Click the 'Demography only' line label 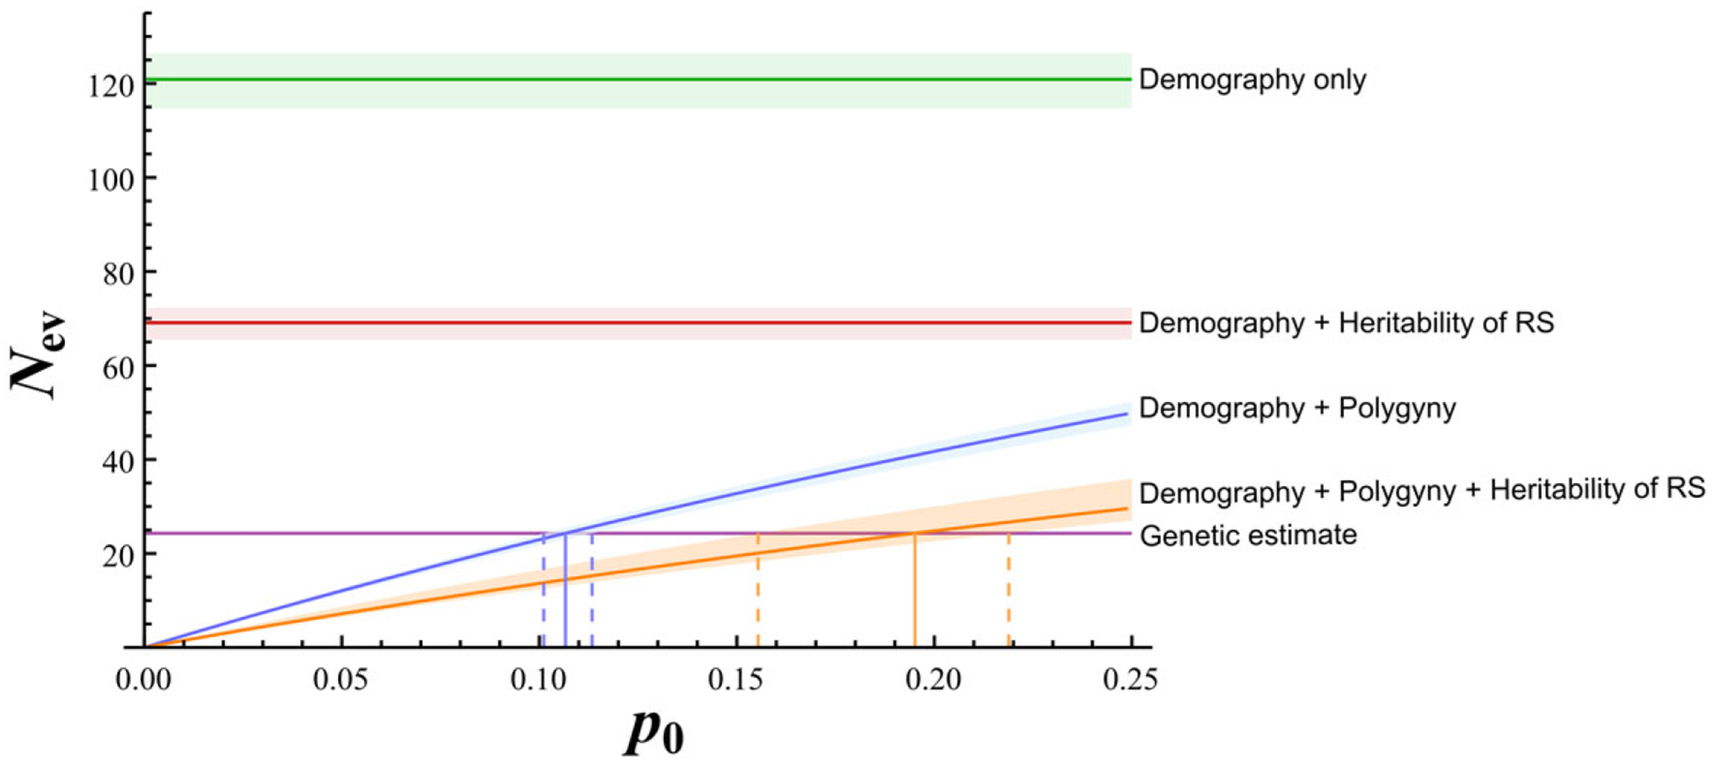1252,80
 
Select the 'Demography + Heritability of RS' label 1346,323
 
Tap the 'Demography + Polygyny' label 1297,408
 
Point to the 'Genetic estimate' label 1248,535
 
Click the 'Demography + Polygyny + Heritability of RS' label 1421,490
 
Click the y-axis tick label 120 111,86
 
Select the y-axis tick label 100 111,179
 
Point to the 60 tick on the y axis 119,367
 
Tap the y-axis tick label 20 119,554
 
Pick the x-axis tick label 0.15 735,680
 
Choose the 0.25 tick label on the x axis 1129,680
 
